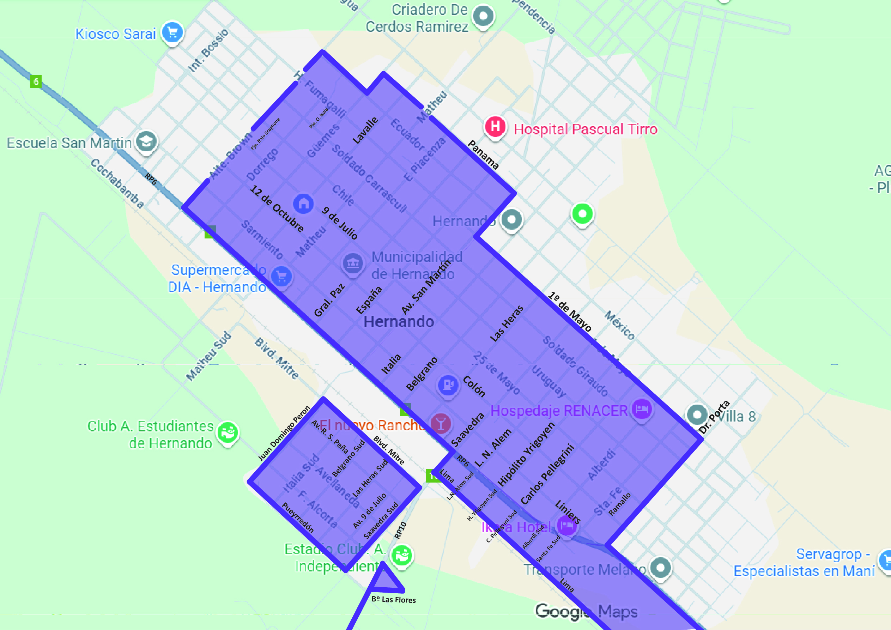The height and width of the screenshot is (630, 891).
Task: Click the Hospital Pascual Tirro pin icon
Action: click(495, 127)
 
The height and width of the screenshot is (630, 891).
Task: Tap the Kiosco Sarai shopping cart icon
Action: click(172, 32)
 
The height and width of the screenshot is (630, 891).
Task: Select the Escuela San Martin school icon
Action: click(146, 142)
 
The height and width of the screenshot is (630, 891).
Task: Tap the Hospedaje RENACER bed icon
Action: click(642, 409)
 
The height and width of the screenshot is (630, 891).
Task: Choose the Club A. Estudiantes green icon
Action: click(228, 432)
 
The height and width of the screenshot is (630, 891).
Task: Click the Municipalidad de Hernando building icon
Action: click(353, 263)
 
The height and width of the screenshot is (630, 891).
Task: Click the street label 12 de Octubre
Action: click(277, 208)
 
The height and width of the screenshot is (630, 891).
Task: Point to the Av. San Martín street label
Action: click(426, 286)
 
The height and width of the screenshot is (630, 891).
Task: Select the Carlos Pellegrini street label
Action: click(547, 474)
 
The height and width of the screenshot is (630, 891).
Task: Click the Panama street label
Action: click(483, 155)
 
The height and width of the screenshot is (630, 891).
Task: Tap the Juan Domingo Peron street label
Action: click(284, 433)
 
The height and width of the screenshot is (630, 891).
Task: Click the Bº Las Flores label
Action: click(394, 600)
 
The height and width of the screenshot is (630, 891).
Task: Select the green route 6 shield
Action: click(36, 81)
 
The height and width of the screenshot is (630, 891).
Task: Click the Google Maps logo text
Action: click(586, 612)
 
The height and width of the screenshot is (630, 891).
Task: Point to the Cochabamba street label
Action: click(117, 183)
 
